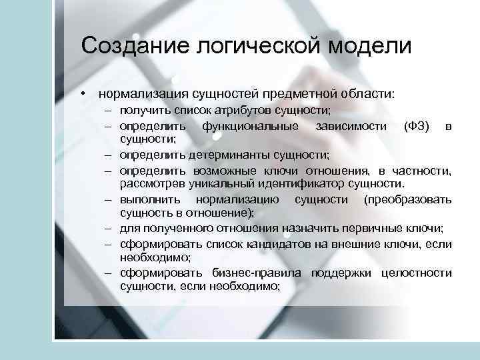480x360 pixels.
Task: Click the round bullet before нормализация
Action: [84, 93]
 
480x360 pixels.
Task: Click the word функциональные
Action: [241, 126]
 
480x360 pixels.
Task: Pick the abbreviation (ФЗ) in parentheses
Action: [417, 126]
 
